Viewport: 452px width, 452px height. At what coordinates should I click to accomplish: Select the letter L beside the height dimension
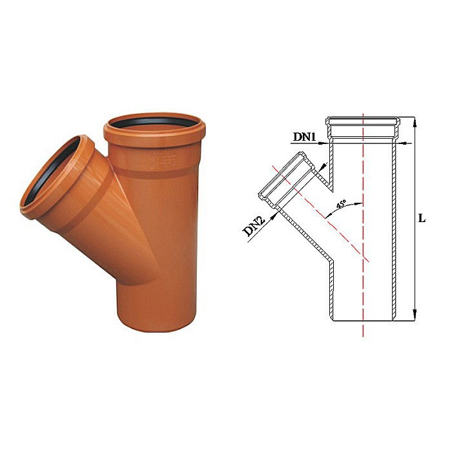[x=422, y=218]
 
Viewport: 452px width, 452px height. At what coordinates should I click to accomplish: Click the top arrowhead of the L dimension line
[x=413, y=121]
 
